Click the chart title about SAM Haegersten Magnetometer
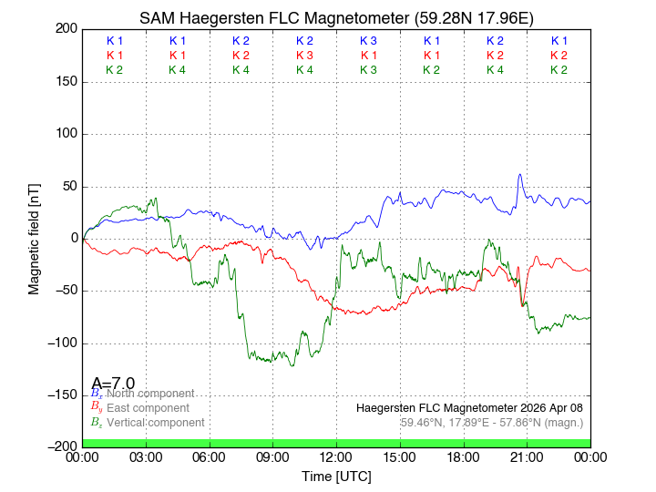pos(336,17)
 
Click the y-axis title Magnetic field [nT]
pos(34,237)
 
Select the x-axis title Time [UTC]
pos(336,476)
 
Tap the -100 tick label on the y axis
pos(60,343)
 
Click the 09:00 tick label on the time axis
pos(273,457)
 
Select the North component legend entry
pos(146,393)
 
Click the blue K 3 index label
pos(368,41)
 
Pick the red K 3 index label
pos(304,56)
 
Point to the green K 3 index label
pos(368,70)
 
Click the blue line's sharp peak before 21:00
pos(520,175)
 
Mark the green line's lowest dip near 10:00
pos(292,365)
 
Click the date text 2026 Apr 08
pos(553,407)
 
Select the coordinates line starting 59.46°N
pos(492,422)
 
